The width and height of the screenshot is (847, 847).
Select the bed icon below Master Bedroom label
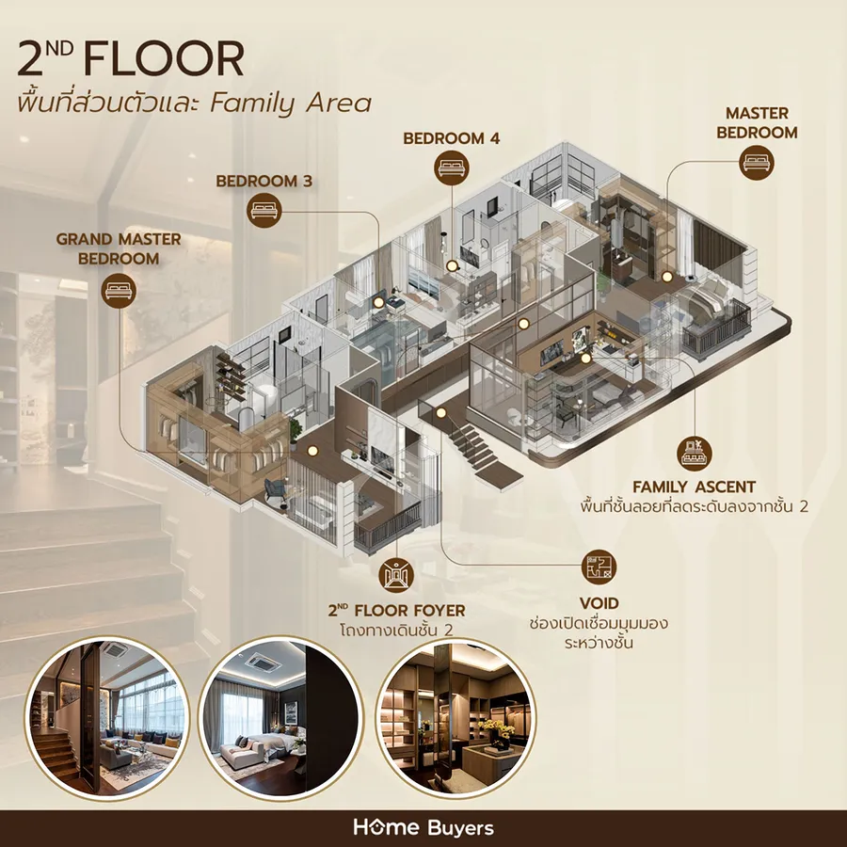(x=757, y=162)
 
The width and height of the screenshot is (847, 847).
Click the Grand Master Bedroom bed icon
(x=119, y=291)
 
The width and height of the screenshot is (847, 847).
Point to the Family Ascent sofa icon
(x=695, y=453)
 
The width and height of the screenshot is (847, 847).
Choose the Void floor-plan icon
(x=599, y=567)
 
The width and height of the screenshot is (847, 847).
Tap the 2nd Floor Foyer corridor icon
(x=396, y=575)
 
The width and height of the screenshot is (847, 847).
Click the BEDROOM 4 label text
(x=452, y=138)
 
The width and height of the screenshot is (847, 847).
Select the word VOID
(x=599, y=603)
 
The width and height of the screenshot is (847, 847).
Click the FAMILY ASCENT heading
(x=695, y=487)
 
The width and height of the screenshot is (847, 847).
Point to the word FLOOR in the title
(x=164, y=59)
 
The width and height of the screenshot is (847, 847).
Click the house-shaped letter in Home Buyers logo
(x=375, y=827)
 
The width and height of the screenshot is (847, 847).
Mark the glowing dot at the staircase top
(x=441, y=413)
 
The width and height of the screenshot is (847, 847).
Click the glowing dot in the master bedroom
(x=667, y=277)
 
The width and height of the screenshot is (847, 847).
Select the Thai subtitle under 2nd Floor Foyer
(x=396, y=631)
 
